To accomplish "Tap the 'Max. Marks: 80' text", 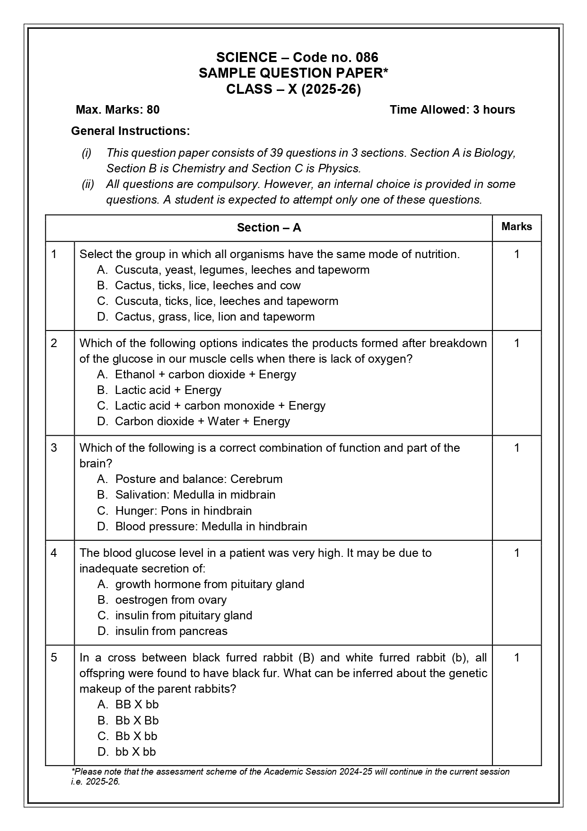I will point(118,110).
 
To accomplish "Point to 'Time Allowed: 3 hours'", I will point(452,110).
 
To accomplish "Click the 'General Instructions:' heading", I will point(131,131).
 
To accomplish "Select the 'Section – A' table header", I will point(269,228).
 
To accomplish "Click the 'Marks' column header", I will point(517,227).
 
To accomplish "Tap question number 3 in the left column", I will point(54,448).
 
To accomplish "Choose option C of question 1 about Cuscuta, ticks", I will point(226,301).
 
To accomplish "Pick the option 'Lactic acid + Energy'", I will point(168,390).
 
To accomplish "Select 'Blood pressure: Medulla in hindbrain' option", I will point(211,527).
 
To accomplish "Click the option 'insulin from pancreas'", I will point(171,631).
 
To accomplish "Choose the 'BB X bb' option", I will point(137,705).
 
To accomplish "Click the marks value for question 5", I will point(517,658).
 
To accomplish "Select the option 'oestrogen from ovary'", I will point(171,600).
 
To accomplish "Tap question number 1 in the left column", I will point(54,254).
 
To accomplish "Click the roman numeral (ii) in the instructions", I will point(88,184).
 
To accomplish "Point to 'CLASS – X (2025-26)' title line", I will point(293,89).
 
